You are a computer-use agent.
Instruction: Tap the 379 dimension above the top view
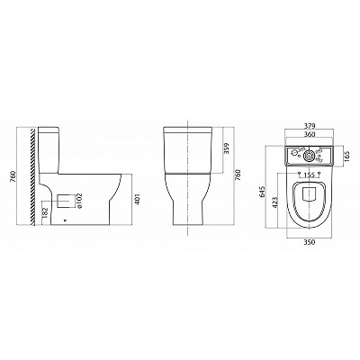click(x=310, y=126)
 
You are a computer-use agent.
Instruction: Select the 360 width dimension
click(x=310, y=135)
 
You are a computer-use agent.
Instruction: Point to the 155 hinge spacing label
click(x=310, y=174)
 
